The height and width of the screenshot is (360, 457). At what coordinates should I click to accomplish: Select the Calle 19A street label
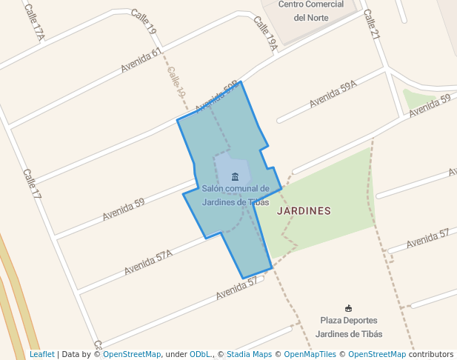click(265, 34)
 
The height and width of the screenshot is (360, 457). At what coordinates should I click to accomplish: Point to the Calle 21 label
click(371, 24)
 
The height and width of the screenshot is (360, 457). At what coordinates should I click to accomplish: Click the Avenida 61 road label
click(141, 61)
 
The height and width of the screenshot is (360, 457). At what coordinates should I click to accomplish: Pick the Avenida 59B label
click(216, 97)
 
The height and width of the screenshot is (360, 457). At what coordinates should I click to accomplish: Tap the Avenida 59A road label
click(333, 94)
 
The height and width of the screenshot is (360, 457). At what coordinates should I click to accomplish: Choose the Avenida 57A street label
click(148, 262)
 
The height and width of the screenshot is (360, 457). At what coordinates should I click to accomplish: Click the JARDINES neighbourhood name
click(304, 210)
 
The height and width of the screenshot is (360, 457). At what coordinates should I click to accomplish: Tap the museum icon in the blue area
click(235, 176)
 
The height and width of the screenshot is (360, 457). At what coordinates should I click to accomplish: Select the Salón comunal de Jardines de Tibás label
click(235, 196)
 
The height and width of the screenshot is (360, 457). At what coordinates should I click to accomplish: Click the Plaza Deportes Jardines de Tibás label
click(349, 327)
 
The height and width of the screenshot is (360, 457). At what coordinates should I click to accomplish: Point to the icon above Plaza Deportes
click(349, 307)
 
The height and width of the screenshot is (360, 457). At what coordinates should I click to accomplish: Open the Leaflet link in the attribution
click(41, 354)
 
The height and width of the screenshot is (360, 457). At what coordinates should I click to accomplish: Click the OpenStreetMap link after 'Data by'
click(131, 354)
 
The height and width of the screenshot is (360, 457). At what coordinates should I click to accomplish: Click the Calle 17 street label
click(32, 184)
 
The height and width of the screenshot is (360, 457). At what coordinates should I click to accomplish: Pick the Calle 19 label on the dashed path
click(176, 82)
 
